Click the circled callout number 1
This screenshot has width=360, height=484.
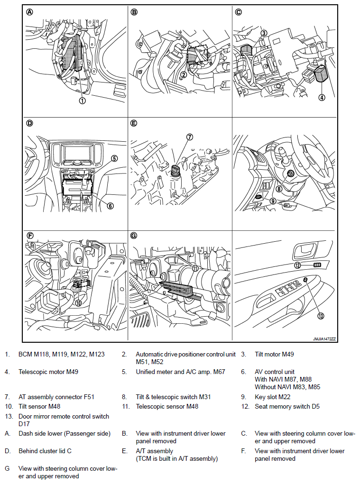point(82,100)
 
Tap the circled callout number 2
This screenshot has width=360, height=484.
point(184,74)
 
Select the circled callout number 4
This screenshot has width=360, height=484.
point(322,97)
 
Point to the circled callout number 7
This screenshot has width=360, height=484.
point(190,137)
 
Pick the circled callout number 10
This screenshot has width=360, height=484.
point(78,302)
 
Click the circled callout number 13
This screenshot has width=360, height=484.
point(320,316)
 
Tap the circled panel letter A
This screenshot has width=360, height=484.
point(29,13)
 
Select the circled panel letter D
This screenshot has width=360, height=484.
point(29,123)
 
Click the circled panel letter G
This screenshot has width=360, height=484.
point(134,235)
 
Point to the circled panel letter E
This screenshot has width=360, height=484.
point(134,123)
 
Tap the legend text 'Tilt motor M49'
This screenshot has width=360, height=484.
point(275,354)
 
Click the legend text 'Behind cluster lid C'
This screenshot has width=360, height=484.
point(46,451)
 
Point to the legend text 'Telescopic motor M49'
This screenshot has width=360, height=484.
point(48,372)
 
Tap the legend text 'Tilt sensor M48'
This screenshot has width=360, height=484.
point(39,406)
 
